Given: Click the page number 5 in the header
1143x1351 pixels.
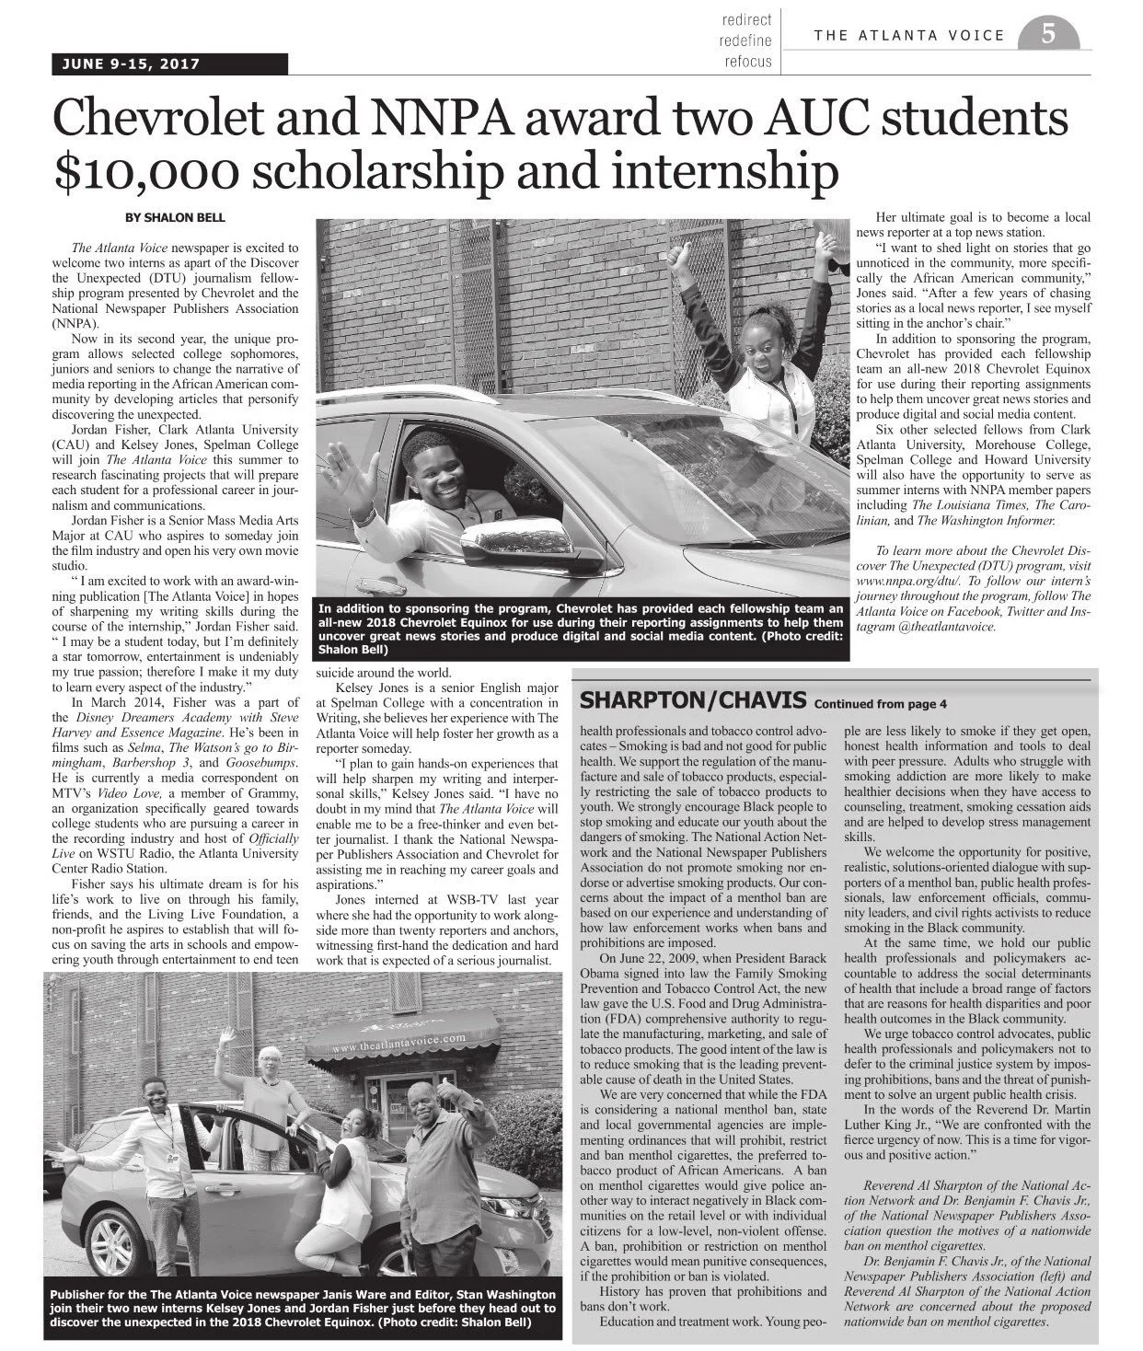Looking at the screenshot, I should point(1047,35).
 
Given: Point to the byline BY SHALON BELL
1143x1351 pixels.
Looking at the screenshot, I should point(175,218).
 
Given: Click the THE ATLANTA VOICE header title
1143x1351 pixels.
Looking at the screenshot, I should point(909,36).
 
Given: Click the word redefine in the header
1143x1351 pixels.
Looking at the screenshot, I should point(746,41).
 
